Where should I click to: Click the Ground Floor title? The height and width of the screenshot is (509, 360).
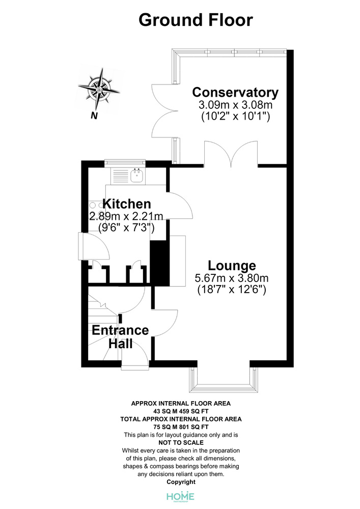[196, 20]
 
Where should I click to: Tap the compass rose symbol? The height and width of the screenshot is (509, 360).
[99, 89]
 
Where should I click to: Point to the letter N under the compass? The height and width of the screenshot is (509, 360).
[94, 116]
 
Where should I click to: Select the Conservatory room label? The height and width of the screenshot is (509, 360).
[235, 93]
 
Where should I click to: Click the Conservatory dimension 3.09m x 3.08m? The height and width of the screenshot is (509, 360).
[235, 105]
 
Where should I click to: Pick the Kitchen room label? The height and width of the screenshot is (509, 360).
[127, 204]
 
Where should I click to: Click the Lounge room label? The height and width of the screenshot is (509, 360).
[232, 266]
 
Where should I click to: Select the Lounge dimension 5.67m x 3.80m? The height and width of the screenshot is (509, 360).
[232, 278]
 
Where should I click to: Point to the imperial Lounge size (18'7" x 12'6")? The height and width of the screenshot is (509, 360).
[232, 289]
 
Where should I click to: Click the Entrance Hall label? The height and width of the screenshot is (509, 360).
[121, 336]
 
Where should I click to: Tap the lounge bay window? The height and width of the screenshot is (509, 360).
[224, 380]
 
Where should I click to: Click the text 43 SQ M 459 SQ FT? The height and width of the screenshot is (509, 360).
[181, 411]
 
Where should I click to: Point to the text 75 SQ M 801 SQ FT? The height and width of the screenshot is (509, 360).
[181, 427]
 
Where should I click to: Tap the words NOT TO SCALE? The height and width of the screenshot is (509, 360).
[181, 442]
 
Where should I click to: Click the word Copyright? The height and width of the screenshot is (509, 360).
[181, 482]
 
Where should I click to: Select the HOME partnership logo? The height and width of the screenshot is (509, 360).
[180, 497]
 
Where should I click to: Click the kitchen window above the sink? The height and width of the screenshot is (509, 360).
[125, 163]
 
